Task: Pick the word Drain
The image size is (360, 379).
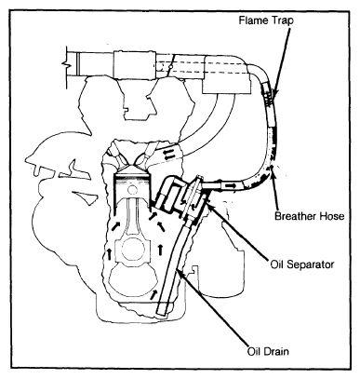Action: [276, 352]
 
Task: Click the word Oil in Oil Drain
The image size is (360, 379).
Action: [255, 352]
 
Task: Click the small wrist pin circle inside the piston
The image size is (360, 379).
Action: [133, 189]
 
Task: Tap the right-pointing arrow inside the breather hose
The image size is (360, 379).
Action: [230, 185]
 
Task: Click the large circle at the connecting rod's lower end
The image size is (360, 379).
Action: [133, 250]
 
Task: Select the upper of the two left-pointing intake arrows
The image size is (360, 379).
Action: [169, 151]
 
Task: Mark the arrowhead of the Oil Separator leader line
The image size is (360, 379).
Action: [208, 202]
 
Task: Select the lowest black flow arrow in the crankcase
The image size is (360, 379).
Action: [153, 294]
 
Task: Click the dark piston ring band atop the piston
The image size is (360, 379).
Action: [133, 177]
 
